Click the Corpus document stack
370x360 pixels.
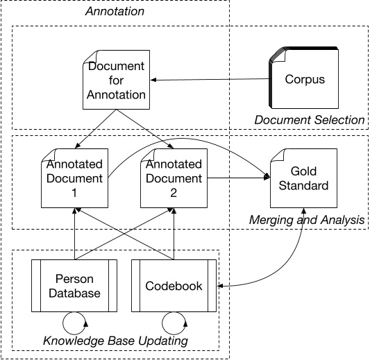click(304, 79)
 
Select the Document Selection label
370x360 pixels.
click(309, 120)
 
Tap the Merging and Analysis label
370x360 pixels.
click(306, 220)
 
